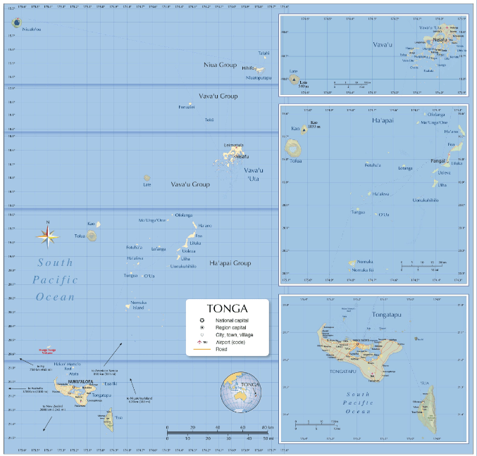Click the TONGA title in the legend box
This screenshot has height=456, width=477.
click(x=227, y=308)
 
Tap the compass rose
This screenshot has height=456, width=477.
click(x=48, y=238)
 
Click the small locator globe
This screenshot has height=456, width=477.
click(x=238, y=392)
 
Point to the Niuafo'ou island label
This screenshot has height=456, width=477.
click(x=32, y=30)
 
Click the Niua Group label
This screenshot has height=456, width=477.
click(x=219, y=65)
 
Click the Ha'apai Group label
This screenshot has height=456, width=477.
click(x=230, y=263)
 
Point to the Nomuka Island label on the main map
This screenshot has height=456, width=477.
click(x=137, y=305)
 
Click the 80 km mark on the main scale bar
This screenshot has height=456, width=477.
click(x=265, y=427)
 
